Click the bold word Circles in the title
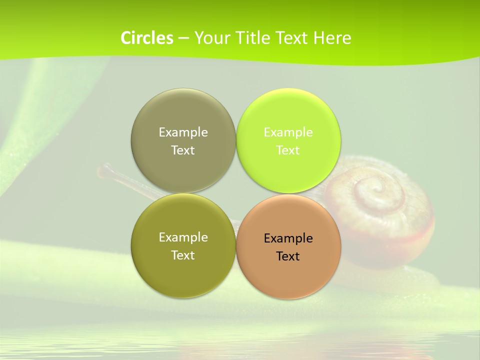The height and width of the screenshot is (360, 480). [x=146, y=37]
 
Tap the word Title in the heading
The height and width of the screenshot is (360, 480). [x=254, y=37]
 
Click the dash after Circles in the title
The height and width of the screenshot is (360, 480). [x=183, y=38]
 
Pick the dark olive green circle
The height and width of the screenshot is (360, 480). [x=183, y=272]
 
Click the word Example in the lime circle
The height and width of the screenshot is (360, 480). [x=288, y=132]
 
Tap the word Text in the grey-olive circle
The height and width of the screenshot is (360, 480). [x=183, y=150]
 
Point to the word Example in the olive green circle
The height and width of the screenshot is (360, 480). [x=183, y=237]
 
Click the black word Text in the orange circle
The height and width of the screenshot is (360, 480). [x=288, y=256]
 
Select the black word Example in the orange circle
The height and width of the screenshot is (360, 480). [x=288, y=238]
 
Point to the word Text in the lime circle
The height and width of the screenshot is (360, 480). [x=288, y=150]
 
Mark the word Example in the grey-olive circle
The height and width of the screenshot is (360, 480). [x=183, y=132]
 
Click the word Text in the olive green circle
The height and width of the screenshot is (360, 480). [x=183, y=255]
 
